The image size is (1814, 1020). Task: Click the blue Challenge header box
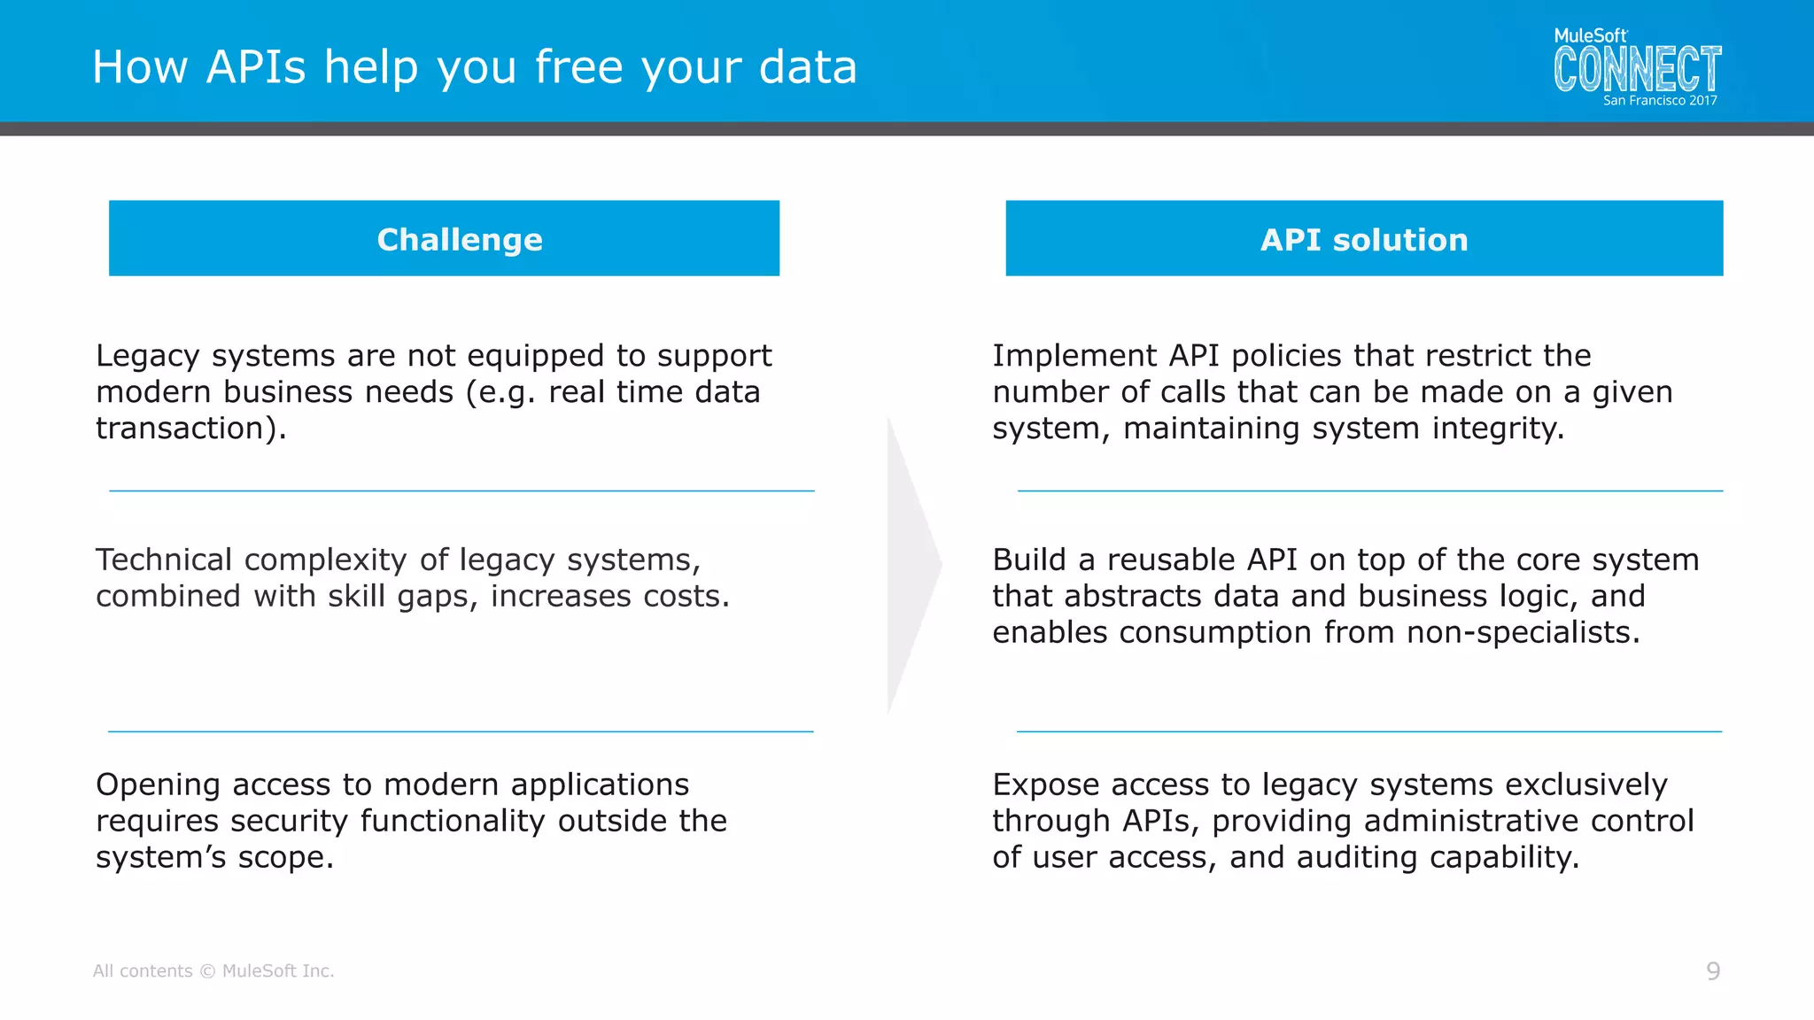tap(444, 238)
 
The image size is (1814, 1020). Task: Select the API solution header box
tap(1364, 238)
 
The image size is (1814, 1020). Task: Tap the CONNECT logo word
tap(1637, 70)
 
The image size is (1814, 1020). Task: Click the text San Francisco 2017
tap(1660, 101)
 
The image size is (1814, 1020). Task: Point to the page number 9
tap(1713, 971)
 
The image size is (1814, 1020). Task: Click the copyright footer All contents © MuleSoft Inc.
tap(213, 971)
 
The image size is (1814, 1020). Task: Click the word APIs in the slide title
tap(256, 67)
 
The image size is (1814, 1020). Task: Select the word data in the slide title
tap(808, 67)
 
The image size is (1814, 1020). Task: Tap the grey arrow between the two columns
tap(912, 565)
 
